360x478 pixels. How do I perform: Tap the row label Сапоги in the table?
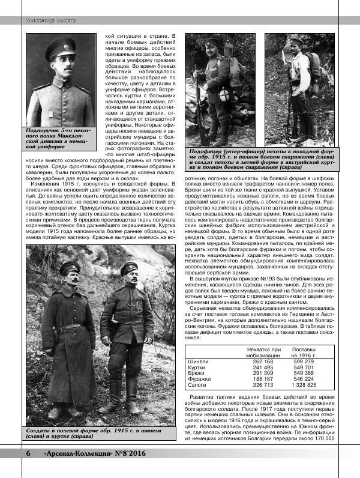198,385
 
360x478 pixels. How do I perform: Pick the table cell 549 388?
304,373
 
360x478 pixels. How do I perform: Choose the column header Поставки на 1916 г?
304,351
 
